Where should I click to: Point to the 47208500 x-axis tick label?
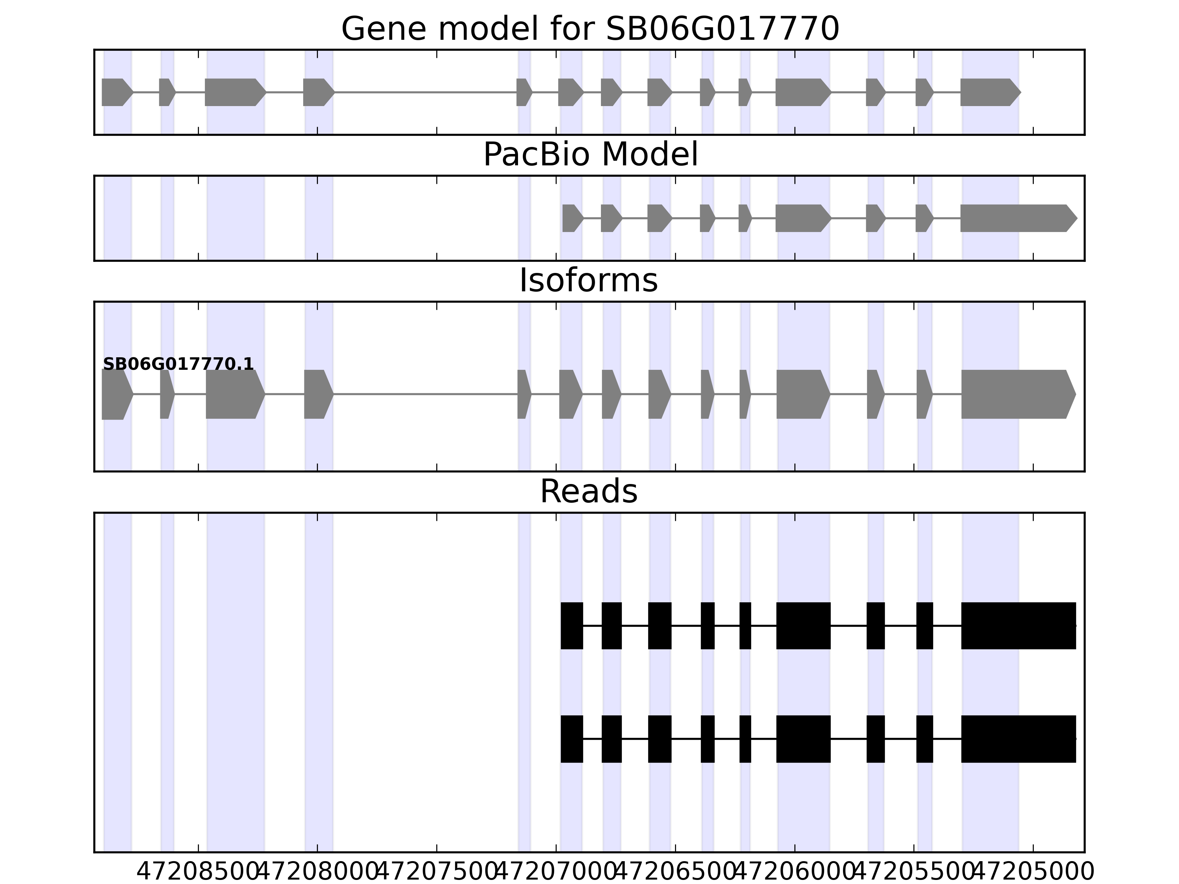[198, 872]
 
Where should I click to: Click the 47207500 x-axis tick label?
[437, 872]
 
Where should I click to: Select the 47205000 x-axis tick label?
[1033, 872]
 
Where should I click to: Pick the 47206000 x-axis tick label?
[795, 872]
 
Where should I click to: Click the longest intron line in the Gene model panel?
[425, 92]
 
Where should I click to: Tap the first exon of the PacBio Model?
[571, 218]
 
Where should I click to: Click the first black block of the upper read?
[571, 625]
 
